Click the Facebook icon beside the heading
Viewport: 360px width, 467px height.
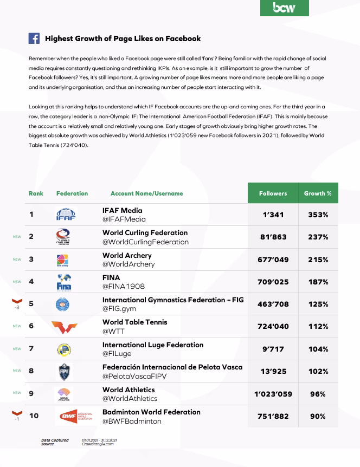pyautogui.click(x=34, y=38)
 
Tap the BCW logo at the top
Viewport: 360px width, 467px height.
pyautogui.click(x=284, y=8)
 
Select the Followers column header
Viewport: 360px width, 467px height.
pyautogui.click(x=273, y=193)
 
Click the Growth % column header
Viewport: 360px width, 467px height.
pyautogui.click(x=318, y=193)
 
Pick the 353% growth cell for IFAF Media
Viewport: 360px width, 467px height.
pyautogui.click(x=318, y=215)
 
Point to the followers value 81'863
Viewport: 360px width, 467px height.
pyautogui.click(x=273, y=237)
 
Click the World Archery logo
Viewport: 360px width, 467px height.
pyautogui.click(x=63, y=260)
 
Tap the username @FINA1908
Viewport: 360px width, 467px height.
pyautogui.click(x=124, y=287)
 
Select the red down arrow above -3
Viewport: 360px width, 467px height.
pyautogui.click(x=17, y=301)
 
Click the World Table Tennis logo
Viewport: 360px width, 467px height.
pyautogui.click(x=65, y=327)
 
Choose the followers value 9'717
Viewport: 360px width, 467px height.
pyautogui.click(x=273, y=349)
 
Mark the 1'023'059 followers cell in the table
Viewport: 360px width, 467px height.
pyautogui.click(x=273, y=394)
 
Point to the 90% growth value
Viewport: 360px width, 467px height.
pyautogui.click(x=318, y=416)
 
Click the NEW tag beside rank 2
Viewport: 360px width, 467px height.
pyautogui.click(x=17, y=237)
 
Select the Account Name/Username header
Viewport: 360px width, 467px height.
pyautogui.click(x=146, y=193)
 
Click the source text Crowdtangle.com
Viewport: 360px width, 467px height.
pyautogui.click(x=98, y=444)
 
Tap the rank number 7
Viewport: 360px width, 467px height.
pyautogui.click(x=31, y=349)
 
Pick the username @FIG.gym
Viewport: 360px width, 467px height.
pyautogui.click(x=119, y=309)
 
